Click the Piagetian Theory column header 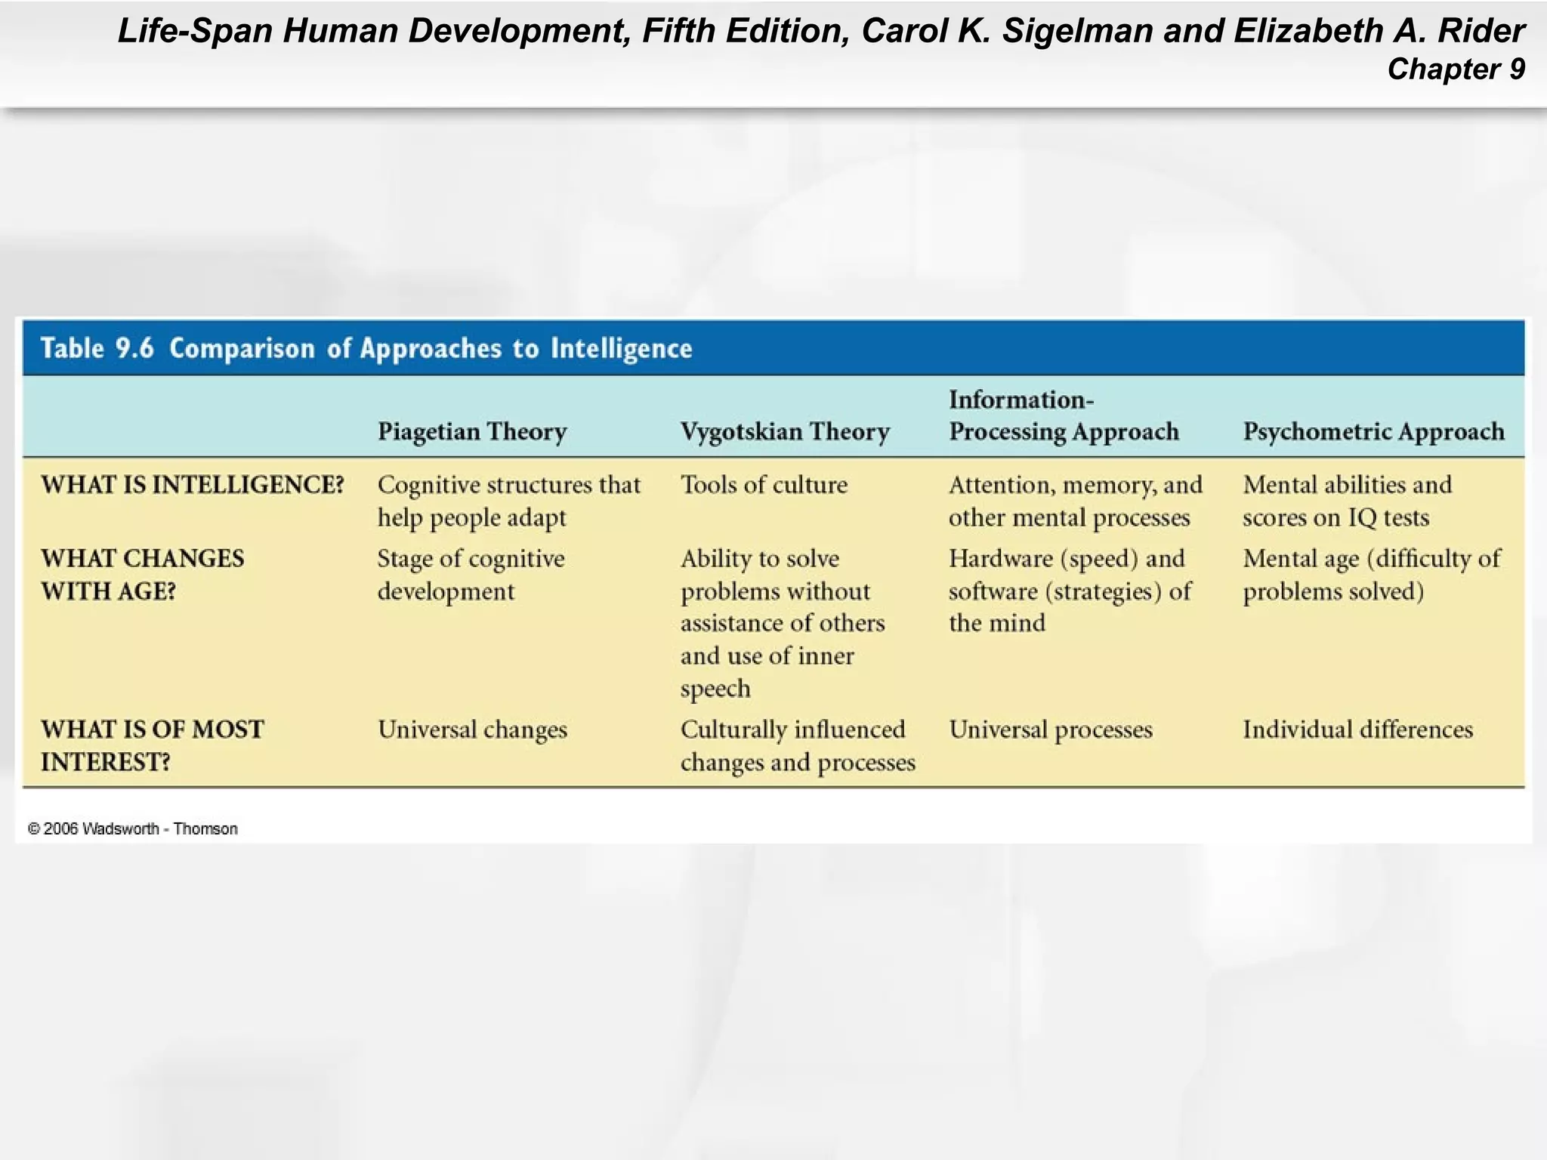(472, 431)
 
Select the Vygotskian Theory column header (785, 431)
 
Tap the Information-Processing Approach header (1063, 415)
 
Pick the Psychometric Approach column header (1373, 431)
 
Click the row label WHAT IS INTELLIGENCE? (193, 484)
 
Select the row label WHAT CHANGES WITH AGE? (143, 574)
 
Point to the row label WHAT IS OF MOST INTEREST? (152, 745)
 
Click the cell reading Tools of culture (764, 484)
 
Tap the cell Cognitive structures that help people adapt (508, 501)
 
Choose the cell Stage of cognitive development (471, 574)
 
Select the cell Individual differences (1357, 730)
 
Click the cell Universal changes (472, 730)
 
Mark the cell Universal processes (1050, 730)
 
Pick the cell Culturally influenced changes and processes (797, 745)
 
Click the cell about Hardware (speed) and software (1069, 591)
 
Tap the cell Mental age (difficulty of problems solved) (1371, 574)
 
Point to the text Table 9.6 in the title (97, 348)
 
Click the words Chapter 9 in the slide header (1456, 69)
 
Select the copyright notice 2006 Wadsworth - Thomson (133, 828)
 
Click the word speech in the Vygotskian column (715, 689)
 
